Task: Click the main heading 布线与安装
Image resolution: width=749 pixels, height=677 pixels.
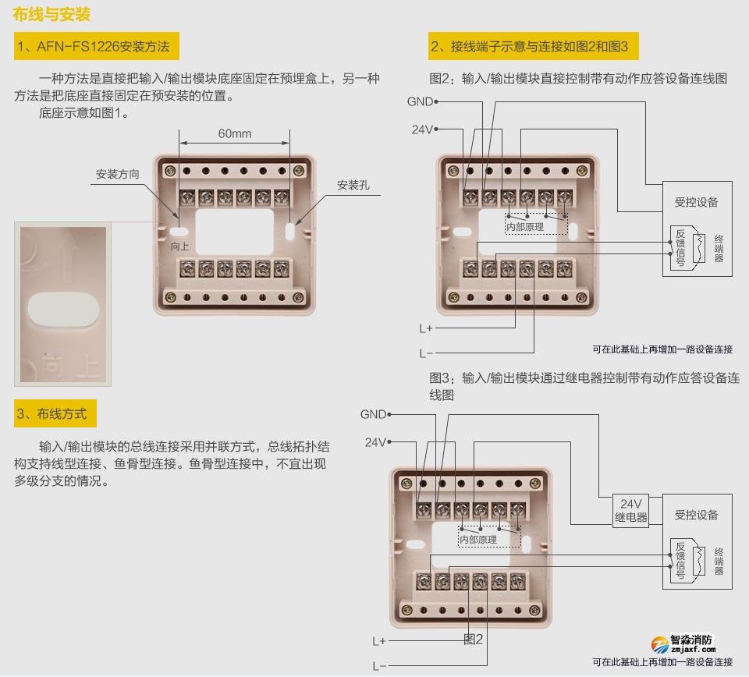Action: click(x=52, y=15)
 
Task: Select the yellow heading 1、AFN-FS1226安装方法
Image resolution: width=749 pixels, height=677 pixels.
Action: click(x=97, y=47)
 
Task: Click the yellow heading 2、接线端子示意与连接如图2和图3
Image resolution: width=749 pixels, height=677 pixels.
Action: click(x=534, y=47)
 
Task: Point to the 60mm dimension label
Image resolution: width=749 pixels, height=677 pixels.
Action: click(x=235, y=133)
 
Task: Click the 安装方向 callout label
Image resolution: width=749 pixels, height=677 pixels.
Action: click(x=117, y=175)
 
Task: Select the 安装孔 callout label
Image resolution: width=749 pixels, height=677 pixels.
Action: click(x=353, y=186)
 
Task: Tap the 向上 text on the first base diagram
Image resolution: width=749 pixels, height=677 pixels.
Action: click(x=180, y=246)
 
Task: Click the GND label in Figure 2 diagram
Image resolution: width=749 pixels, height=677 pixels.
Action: click(x=419, y=101)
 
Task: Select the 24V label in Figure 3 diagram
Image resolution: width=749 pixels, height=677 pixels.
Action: click(x=375, y=442)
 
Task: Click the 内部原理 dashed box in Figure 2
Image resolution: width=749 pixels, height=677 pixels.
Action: click(x=537, y=220)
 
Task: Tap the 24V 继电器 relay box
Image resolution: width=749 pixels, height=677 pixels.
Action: click(x=630, y=510)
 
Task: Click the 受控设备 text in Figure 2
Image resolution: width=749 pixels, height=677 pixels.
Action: click(x=696, y=202)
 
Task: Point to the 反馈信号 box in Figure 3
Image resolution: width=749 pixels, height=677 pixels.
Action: click(x=680, y=561)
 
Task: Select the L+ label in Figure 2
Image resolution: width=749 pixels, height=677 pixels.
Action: click(x=426, y=328)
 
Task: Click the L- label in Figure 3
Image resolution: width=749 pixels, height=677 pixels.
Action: click(x=379, y=666)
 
